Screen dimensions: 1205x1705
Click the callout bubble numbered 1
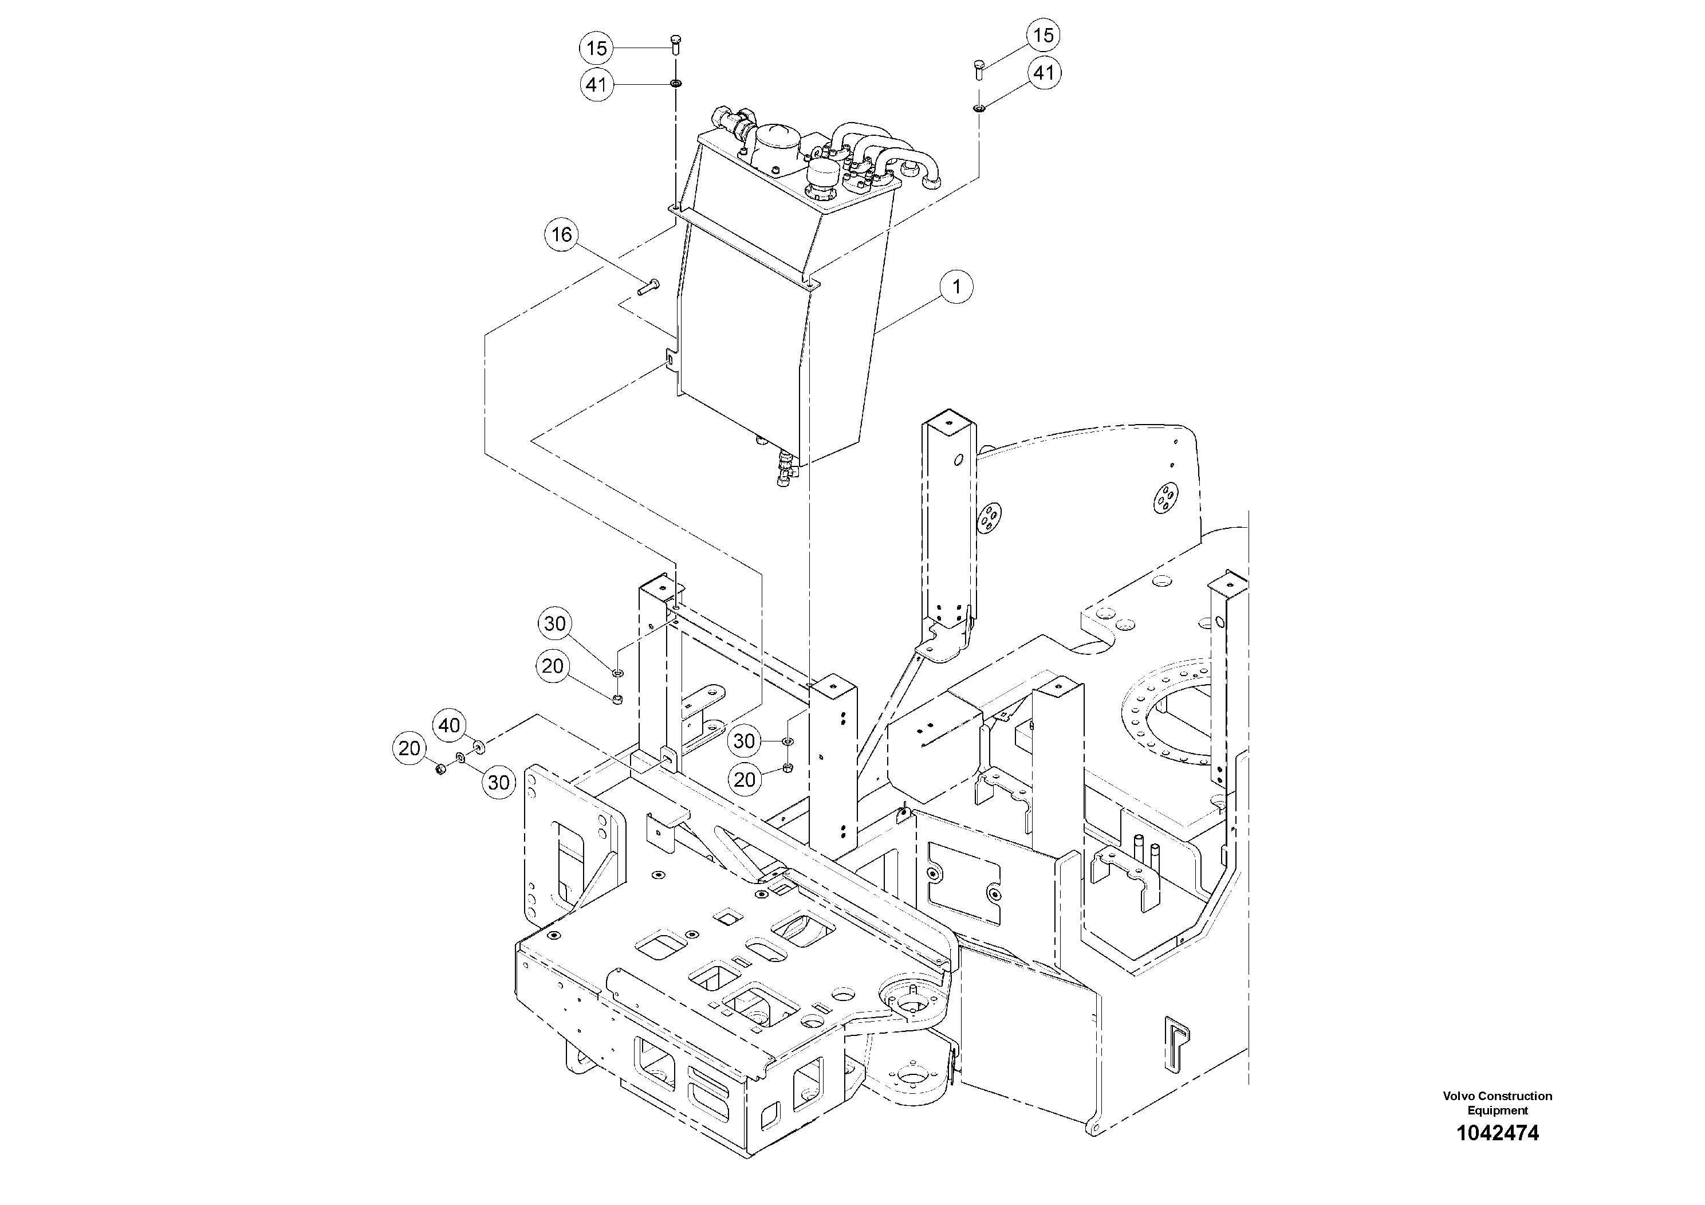[956, 286]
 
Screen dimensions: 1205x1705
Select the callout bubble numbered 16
[561, 235]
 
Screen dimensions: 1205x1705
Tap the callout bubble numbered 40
[449, 725]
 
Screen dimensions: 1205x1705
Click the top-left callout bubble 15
[596, 49]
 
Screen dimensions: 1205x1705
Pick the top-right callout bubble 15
[1044, 35]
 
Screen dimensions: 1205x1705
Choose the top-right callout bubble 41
[1044, 73]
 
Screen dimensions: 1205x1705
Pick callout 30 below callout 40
[498, 782]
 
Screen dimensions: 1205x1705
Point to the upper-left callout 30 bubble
[555, 624]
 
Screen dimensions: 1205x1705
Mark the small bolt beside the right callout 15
[978, 71]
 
